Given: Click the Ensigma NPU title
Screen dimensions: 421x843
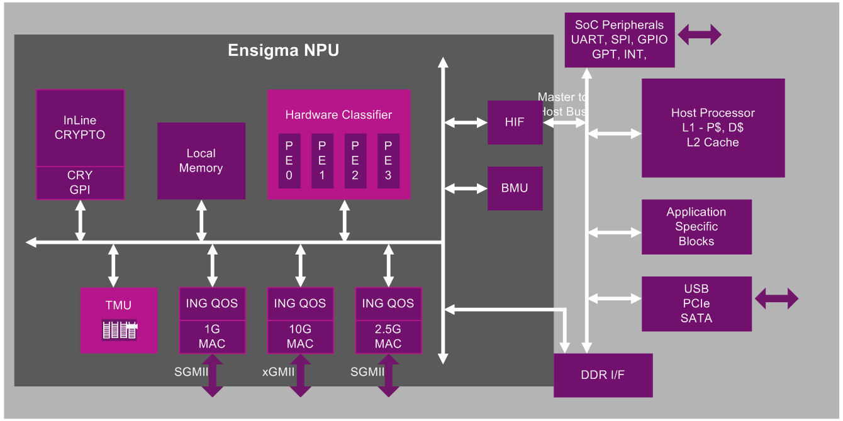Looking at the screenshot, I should click(x=283, y=50).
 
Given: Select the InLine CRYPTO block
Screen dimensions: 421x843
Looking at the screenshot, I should click(x=80, y=128).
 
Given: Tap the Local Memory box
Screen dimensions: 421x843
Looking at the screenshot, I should click(x=201, y=161).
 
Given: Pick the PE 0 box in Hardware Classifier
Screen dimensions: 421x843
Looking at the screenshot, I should click(x=289, y=161).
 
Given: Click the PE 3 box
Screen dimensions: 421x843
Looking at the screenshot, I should click(x=388, y=161).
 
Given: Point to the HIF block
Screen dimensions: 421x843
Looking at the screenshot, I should click(x=515, y=123).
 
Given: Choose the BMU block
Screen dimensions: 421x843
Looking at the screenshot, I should click(x=515, y=188).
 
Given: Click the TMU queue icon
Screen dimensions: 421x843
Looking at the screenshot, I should click(x=120, y=330).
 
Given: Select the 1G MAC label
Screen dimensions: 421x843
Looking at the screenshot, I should click(x=212, y=336).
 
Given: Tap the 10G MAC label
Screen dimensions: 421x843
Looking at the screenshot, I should click(x=300, y=336).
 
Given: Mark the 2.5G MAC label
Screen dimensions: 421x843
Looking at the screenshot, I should click(x=388, y=336).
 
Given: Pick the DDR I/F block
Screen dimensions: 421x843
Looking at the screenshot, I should click(x=603, y=375).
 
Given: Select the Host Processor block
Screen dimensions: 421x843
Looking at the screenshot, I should click(x=713, y=128).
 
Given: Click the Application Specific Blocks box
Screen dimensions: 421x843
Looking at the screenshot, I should click(x=696, y=227).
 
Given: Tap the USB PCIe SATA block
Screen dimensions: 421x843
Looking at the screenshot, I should click(x=696, y=303).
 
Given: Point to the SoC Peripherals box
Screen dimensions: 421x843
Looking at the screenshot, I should click(x=620, y=40).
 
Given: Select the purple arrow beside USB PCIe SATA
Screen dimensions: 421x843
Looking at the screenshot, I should click(x=776, y=298).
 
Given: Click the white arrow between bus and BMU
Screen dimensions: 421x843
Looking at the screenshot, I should click(x=466, y=188).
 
